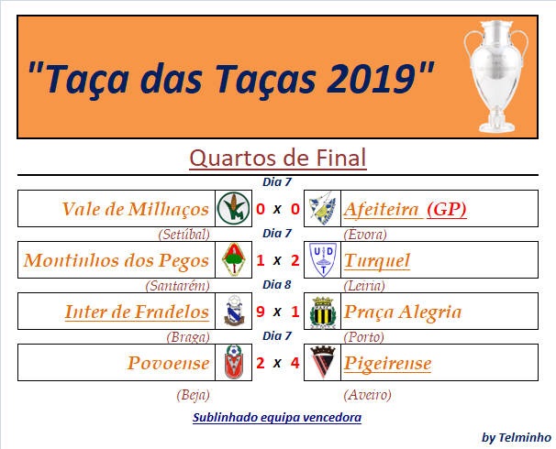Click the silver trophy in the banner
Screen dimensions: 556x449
coord(496,76)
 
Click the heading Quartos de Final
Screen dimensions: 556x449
coord(278,158)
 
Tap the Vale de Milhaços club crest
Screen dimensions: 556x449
coord(233,209)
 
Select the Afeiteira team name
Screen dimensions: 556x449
coord(381,209)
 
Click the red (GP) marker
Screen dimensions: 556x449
coord(447,209)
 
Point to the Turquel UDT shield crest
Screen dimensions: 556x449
coord(323,260)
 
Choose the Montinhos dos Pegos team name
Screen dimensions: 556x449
coord(117,260)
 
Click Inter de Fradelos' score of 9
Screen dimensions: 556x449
coord(261,312)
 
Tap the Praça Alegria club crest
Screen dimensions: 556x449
coord(323,312)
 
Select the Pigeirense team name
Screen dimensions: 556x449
coord(387,363)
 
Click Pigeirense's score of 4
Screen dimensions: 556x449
coord(295,363)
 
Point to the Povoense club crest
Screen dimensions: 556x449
coord(233,362)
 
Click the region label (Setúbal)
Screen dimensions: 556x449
coord(183,235)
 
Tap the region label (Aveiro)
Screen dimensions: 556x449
coord(367,394)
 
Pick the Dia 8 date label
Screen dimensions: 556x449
coord(276,285)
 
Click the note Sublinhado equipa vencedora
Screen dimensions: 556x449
coord(277,418)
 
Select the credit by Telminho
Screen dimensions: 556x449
coord(517,438)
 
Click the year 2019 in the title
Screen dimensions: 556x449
coord(371,78)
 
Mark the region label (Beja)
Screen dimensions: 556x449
coord(193,394)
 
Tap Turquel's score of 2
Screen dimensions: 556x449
coord(295,260)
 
